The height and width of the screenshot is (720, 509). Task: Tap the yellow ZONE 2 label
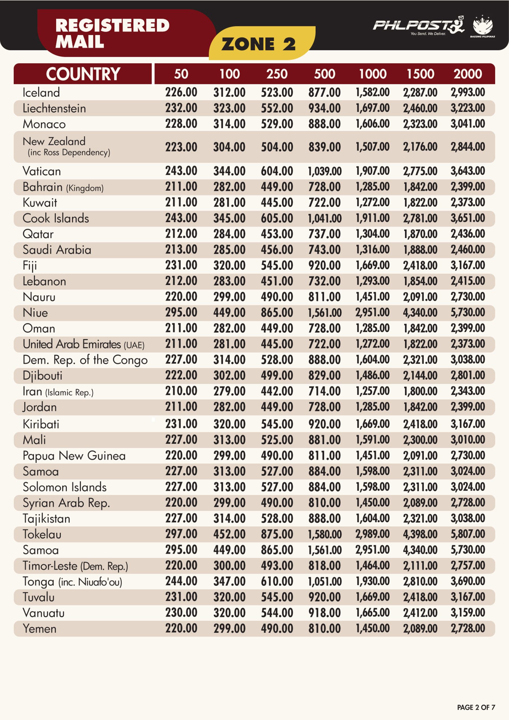click(x=258, y=44)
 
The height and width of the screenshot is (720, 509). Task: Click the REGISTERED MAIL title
click(x=112, y=33)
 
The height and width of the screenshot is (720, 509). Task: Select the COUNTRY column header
click(x=83, y=74)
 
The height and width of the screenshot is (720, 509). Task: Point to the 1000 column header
click(x=373, y=74)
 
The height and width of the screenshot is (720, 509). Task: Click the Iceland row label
click(x=41, y=93)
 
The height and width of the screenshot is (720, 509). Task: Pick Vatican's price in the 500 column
click(x=324, y=171)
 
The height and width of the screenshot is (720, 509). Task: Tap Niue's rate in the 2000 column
click(x=468, y=312)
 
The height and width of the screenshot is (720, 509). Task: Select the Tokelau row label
click(x=42, y=534)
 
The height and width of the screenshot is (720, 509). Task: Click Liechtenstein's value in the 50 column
click(x=181, y=108)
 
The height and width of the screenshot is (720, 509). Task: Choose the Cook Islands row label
click(x=55, y=218)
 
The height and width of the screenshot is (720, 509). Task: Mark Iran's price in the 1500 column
click(x=420, y=391)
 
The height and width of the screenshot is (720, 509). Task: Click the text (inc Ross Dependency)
click(x=69, y=152)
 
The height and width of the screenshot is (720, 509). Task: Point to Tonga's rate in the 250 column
click(x=277, y=581)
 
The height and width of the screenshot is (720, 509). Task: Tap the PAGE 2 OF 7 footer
click(x=476, y=707)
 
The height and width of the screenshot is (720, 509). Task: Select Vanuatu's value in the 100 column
click(x=229, y=613)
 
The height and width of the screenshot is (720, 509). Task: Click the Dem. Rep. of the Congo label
click(x=85, y=360)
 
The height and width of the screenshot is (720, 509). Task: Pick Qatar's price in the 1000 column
click(x=373, y=234)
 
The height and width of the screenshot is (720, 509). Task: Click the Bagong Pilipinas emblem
click(x=483, y=26)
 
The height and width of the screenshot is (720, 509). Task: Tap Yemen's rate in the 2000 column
click(x=468, y=628)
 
